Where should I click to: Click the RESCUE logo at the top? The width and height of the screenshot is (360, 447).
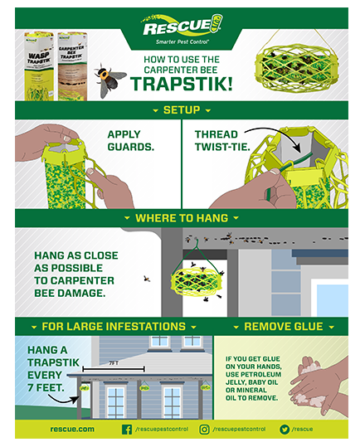pyautogui.click(x=182, y=28)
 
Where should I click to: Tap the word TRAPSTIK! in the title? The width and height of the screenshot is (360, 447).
pyautogui.click(x=182, y=84)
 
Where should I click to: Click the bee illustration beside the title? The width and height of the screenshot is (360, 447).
pyautogui.click(x=109, y=79)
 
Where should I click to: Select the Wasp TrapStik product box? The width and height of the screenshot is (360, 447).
pyautogui.click(x=39, y=66)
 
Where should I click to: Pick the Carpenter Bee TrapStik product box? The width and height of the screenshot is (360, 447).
pyautogui.click(x=72, y=66)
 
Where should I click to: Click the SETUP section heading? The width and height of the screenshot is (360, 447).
pyautogui.click(x=182, y=110)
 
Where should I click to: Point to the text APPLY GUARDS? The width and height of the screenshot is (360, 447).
pyautogui.click(x=130, y=140)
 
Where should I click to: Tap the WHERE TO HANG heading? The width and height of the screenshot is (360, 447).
pyautogui.click(x=182, y=218)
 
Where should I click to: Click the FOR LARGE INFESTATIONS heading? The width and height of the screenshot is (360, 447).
pyautogui.click(x=114, y=327)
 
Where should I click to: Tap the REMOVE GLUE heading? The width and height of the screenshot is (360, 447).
pyautogui.click(x=284, y=327)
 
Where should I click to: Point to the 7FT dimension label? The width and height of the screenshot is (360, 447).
pyautogui.click(x=114, y=363)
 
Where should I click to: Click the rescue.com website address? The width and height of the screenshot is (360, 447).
pyautogui.click(x=72, y=429)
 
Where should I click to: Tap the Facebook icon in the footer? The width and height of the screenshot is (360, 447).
pyautogui.click(x=127, y=430)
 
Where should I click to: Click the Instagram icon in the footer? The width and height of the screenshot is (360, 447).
pyautogui.click(x=204, y=430)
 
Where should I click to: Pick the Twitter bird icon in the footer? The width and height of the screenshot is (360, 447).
pyautogui.click(x=285, y=430)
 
